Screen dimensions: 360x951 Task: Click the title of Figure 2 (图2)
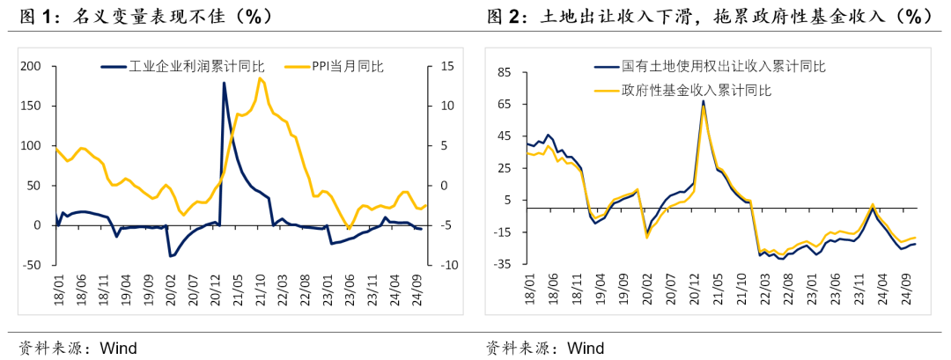click(709, 17)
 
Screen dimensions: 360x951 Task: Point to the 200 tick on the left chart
click(31, 66)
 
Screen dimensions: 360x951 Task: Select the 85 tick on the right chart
click(504, 72)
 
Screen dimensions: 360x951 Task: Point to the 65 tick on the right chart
click(504, 104)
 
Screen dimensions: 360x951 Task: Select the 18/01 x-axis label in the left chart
click(57, 289)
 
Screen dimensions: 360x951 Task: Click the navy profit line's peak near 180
click(223, 83)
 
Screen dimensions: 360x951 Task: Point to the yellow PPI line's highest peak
click(260, 78)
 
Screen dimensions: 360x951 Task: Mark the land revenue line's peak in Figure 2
click(703, 100)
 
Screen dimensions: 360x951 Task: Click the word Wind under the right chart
click(585, 348)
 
